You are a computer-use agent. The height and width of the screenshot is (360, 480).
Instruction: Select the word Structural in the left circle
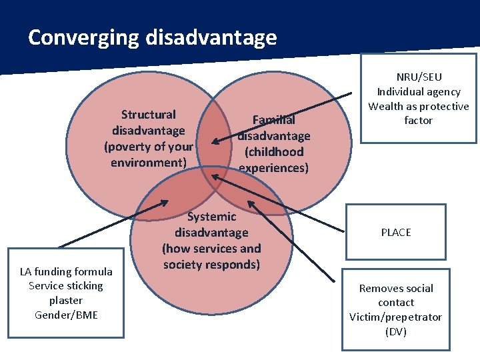click(149, 115)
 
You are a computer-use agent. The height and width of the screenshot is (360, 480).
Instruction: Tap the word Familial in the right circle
click(273, 120)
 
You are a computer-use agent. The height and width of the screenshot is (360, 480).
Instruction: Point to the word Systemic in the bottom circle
click(212, 217)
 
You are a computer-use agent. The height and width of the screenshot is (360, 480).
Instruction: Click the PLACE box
click(396, 232)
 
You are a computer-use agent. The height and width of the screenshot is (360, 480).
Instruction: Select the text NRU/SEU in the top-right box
click(419, 77)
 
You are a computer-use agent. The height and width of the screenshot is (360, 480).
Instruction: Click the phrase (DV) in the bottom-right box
click(396, 332)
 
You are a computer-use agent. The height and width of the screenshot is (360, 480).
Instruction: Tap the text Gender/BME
click(66, 315)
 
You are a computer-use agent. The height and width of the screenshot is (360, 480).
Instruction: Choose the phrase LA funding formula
click(66, 271)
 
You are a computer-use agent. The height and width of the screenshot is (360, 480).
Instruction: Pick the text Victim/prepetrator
click(396, 317)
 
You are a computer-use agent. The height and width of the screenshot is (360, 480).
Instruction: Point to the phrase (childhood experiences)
click(273, 160)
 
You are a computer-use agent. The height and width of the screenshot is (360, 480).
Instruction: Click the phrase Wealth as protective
click(419, 107)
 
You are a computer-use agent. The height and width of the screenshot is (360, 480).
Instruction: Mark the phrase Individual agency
click(419, 92)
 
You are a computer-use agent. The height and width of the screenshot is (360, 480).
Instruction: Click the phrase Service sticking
click(66, 286)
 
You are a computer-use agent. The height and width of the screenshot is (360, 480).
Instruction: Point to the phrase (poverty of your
click(149, 147)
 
